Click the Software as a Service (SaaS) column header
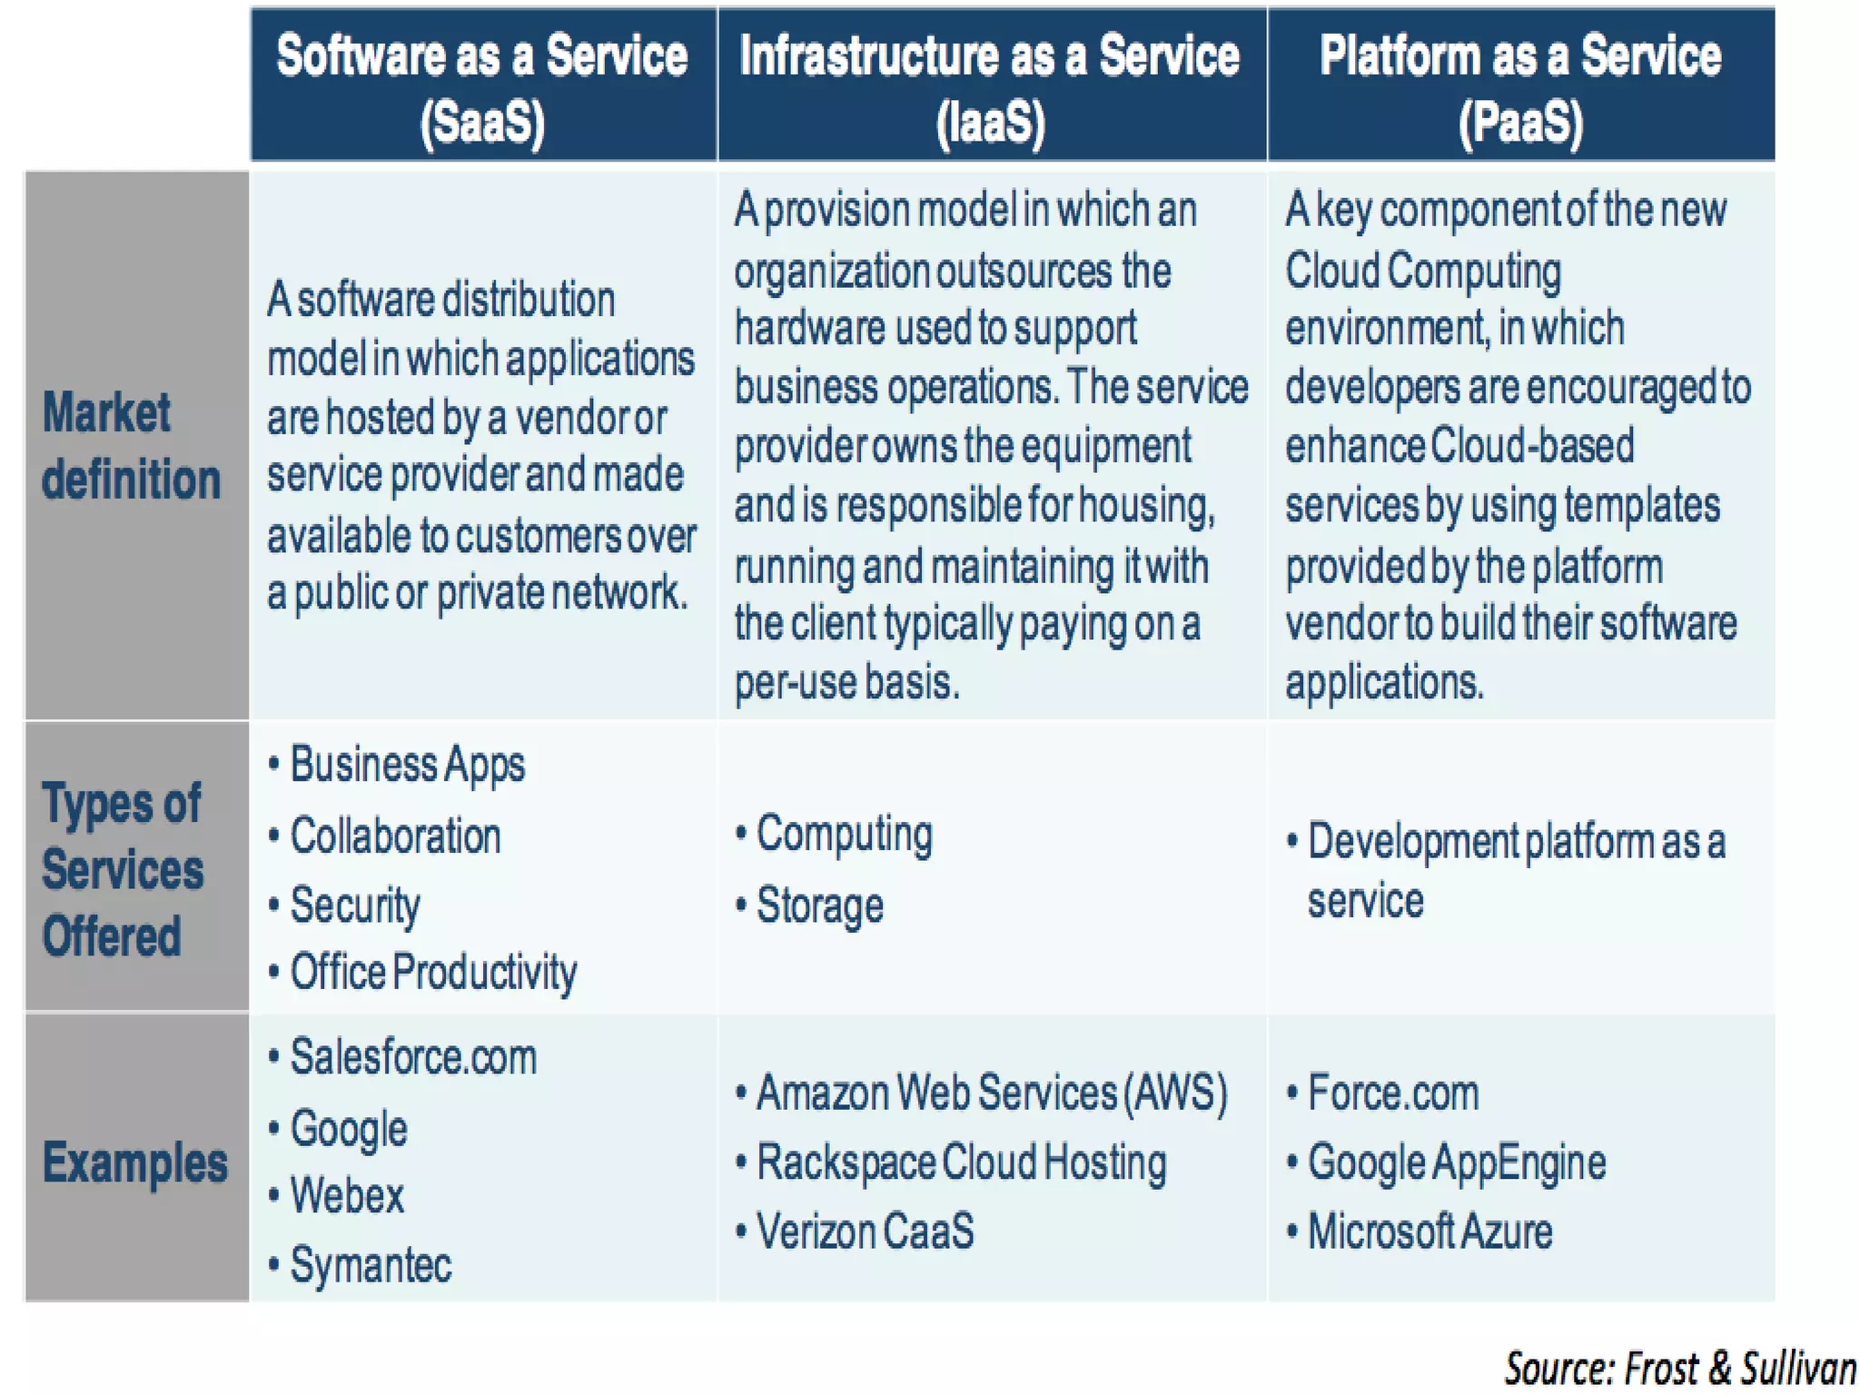[482, 87]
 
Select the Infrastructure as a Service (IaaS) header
[990, 87]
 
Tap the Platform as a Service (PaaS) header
[1520, 87]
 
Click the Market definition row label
[132, 446]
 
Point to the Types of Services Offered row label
[123, 869]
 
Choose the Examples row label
[134, 1162]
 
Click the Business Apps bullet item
[407, 765]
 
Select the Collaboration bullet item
[395, 836]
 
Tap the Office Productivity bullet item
[432, 973]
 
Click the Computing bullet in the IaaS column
[844, 834]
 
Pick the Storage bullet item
[819, 905]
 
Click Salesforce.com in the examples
[413, 1057]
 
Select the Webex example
[347, 1195]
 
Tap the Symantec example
[371, 1265]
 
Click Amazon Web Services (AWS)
[991, 1093]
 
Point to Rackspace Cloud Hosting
[961, 1162]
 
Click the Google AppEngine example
[1456, 1162]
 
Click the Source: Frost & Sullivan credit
[1680, 1369]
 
